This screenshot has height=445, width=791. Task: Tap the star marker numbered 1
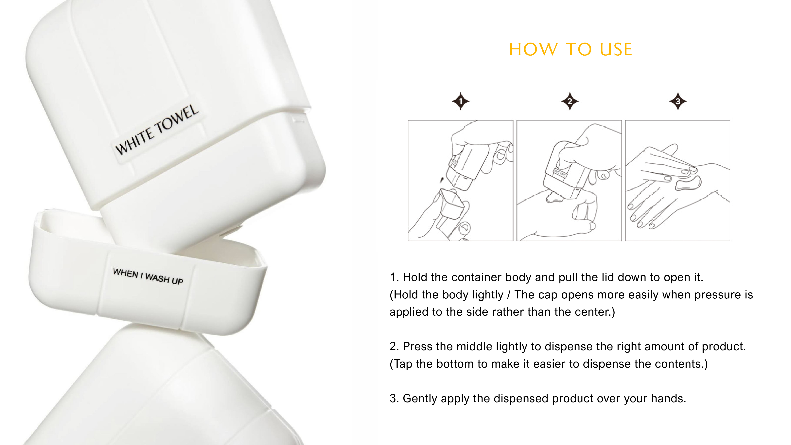(461, 101)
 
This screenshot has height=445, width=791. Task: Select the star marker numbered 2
(570, 101)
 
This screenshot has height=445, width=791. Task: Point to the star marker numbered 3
(678, 101)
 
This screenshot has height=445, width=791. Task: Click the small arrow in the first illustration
(442, 180)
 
